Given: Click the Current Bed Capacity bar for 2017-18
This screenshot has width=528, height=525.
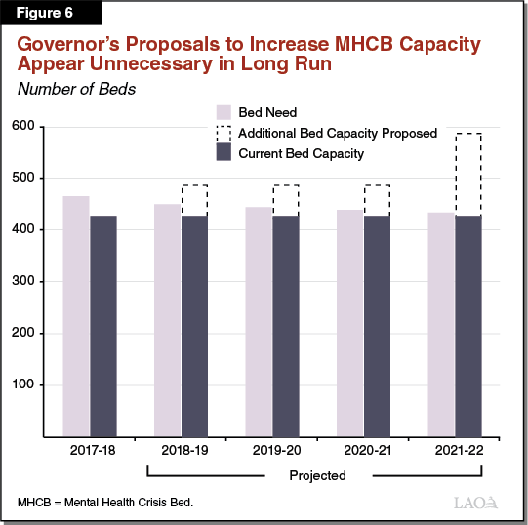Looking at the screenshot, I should tap(103, 326).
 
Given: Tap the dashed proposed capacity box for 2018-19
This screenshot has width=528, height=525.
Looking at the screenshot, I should tap(194, 200).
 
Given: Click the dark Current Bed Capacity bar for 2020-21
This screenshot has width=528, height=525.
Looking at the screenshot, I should tap(377, 326).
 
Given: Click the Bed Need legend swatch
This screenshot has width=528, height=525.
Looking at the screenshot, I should tap(222, 112).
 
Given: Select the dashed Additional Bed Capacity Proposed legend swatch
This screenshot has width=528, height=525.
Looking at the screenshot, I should tap(222, 133).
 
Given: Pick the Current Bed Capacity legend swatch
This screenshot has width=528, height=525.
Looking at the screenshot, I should tap(222, 153).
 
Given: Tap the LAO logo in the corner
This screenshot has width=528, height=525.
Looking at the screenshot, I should tap(478, 504).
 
